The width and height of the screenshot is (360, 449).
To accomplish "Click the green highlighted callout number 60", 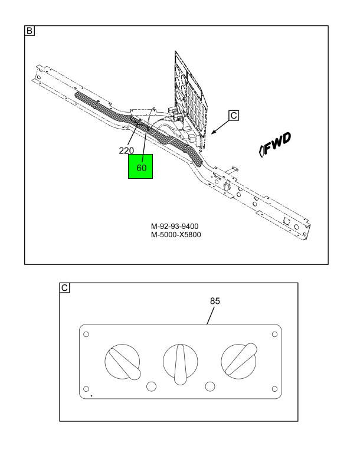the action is pos(142,168).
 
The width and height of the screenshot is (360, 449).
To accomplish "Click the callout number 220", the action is pos(126,150).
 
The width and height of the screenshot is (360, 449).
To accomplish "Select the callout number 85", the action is pos(215,301).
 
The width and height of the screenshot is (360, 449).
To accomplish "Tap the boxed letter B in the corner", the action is pos(30,31).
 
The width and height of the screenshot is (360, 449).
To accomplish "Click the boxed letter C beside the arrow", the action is pos(234,116).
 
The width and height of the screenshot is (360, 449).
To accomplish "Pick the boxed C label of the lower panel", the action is pos(64,288).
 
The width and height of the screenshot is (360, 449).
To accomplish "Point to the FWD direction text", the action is pos(275,145).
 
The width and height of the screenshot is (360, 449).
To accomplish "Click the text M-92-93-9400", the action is pos(175,227).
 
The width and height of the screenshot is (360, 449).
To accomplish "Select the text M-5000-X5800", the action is pos(176,235).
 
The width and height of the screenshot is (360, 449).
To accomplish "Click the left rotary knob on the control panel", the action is pos(123,362).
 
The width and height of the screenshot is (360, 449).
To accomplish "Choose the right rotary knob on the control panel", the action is pos(239,361).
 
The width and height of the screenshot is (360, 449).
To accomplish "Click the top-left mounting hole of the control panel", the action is pos(86,334).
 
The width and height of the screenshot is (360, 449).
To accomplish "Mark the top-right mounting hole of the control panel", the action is pos(274,334).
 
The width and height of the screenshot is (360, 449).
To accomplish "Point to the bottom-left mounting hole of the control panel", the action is pos(86,389).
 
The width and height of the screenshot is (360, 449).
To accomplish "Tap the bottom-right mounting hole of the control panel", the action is pos(274,389).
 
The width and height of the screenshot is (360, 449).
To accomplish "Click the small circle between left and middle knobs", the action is pos(151,386).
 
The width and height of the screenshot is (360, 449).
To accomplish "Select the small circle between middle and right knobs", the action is pos(210,386).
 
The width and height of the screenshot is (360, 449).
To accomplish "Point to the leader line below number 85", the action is pos(210,316).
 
